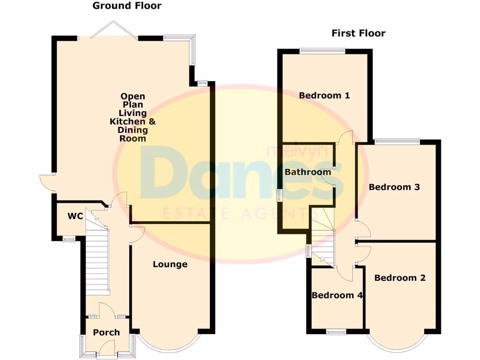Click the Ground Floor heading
(x=127, y=6)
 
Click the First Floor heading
(x=359, y=33)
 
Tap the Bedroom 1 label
(x=324, y=96)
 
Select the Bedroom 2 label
(x=400, y=278)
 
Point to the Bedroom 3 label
(x=394, y=187)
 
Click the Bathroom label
(x=307, y=172)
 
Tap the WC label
(x=75, y=216)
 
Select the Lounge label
(x=170, y=264)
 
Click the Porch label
(x=106, y=332)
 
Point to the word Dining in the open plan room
(x=133, y=130)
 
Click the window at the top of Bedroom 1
(x=322, y=51)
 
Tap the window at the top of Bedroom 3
(x=397, y=141)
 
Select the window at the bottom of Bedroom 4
(x=336, y=332)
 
